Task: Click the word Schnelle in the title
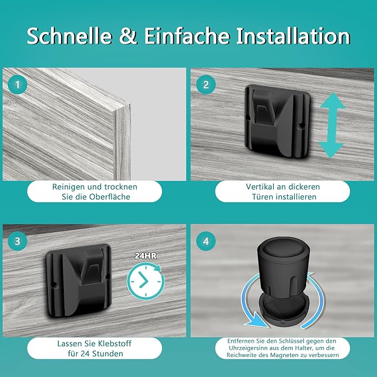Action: click(69, 36)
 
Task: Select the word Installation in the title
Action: click(293, 36)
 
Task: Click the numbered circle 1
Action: click(17, 84)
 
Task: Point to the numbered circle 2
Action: click(206, 84)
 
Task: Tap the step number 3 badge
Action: click(17, 241)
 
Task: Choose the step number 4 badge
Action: click(206, 241)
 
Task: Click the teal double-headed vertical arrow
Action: click(331, 125)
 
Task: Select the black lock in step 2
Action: click(277, 122)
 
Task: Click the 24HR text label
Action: click(145, 255)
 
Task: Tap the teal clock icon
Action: click(146, 281)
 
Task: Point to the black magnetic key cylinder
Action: click(282, 269)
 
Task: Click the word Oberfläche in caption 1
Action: click(109, 197)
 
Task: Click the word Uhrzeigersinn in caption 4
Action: click(245, 348)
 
